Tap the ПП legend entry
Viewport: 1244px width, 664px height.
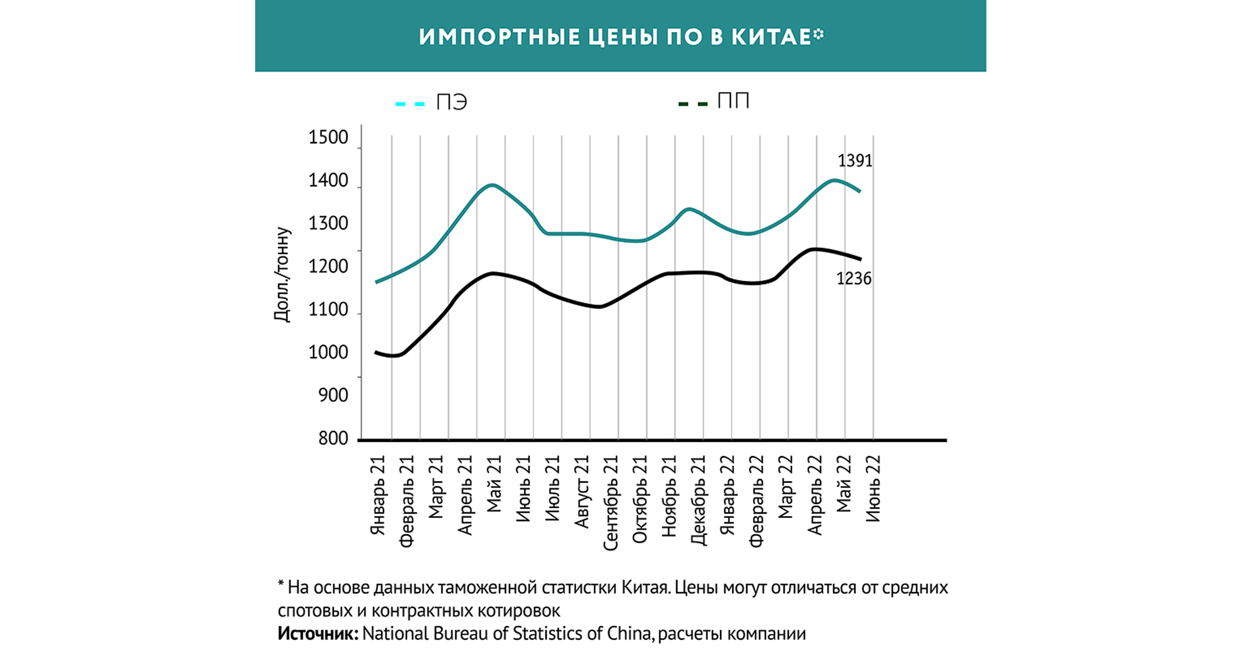(733, 101)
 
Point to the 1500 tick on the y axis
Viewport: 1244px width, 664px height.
(328, 138)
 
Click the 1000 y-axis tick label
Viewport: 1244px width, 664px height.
(328, 353)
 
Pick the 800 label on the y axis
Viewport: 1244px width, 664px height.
(333, 438)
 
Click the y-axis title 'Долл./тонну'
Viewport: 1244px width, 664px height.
(281, 274)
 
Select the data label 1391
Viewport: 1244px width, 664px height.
(855, 161)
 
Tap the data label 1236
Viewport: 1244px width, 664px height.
(854, 279)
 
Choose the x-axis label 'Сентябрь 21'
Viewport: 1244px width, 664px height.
(611, 503)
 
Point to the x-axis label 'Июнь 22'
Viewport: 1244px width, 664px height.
(873, 488)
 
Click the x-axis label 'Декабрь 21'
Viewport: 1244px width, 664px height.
(698, 500)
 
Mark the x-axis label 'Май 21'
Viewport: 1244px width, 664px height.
(494, 484)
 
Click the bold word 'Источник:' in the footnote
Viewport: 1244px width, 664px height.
(318, 634)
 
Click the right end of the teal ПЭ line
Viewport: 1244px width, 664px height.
(860, 191)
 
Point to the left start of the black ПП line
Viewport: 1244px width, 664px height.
(375, 352)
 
